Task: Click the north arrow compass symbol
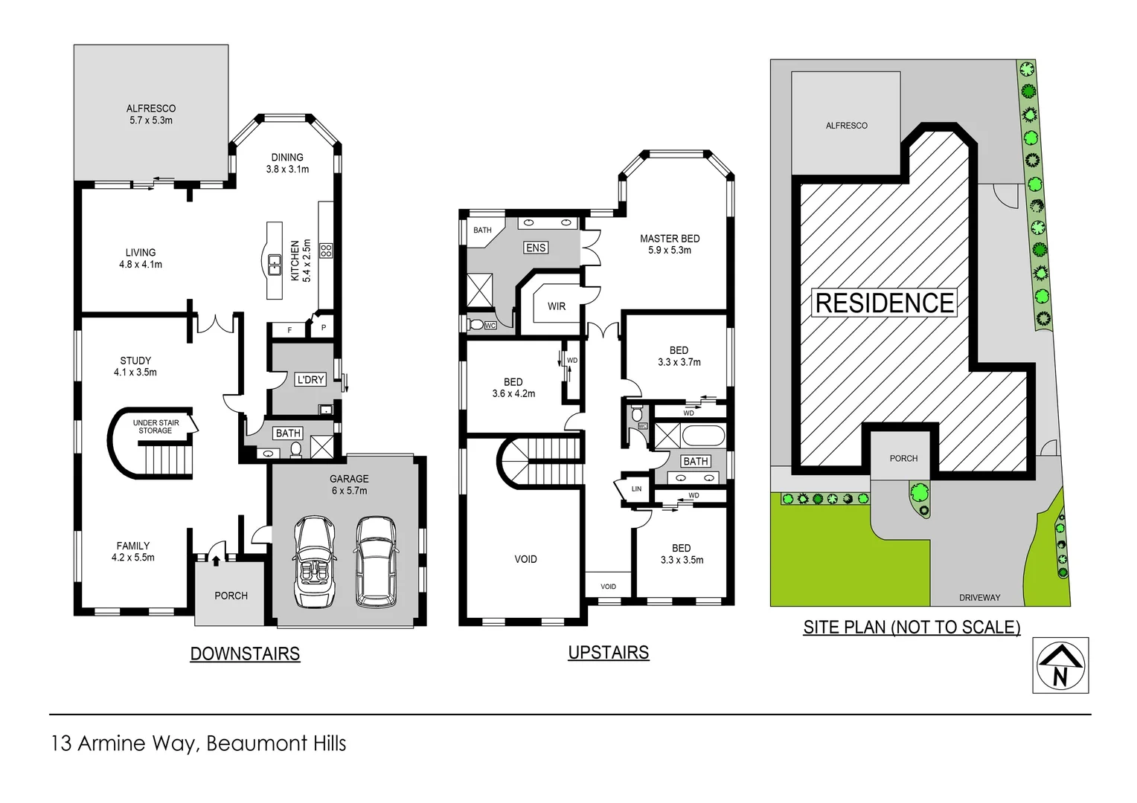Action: (x=1060, y=665)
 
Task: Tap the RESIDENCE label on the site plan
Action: (x=884, y=303)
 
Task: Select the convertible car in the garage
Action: (x=315, y=561)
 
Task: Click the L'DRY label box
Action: (x=310, y=379)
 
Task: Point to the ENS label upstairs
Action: (x=536, y=248)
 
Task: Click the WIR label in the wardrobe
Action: (x=557, y=306)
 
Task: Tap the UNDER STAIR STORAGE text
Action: (x=156, y=427)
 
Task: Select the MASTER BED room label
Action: (x=670, y=239)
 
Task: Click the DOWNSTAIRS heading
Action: (x=245, y=654)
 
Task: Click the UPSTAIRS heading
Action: (x=608, y=652)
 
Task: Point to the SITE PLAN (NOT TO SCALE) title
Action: (x=912, y=627)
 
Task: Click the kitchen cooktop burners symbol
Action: (x=326, y=251)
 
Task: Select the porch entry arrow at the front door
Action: (x=216, y=560)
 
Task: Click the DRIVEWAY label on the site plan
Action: (x=979, y=597)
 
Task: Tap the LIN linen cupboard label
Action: (x=636, y=488)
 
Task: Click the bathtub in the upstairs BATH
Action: (x=702, y=436)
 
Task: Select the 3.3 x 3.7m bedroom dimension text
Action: (x=679, y=362)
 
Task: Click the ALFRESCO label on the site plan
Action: (x=846, y=126)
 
